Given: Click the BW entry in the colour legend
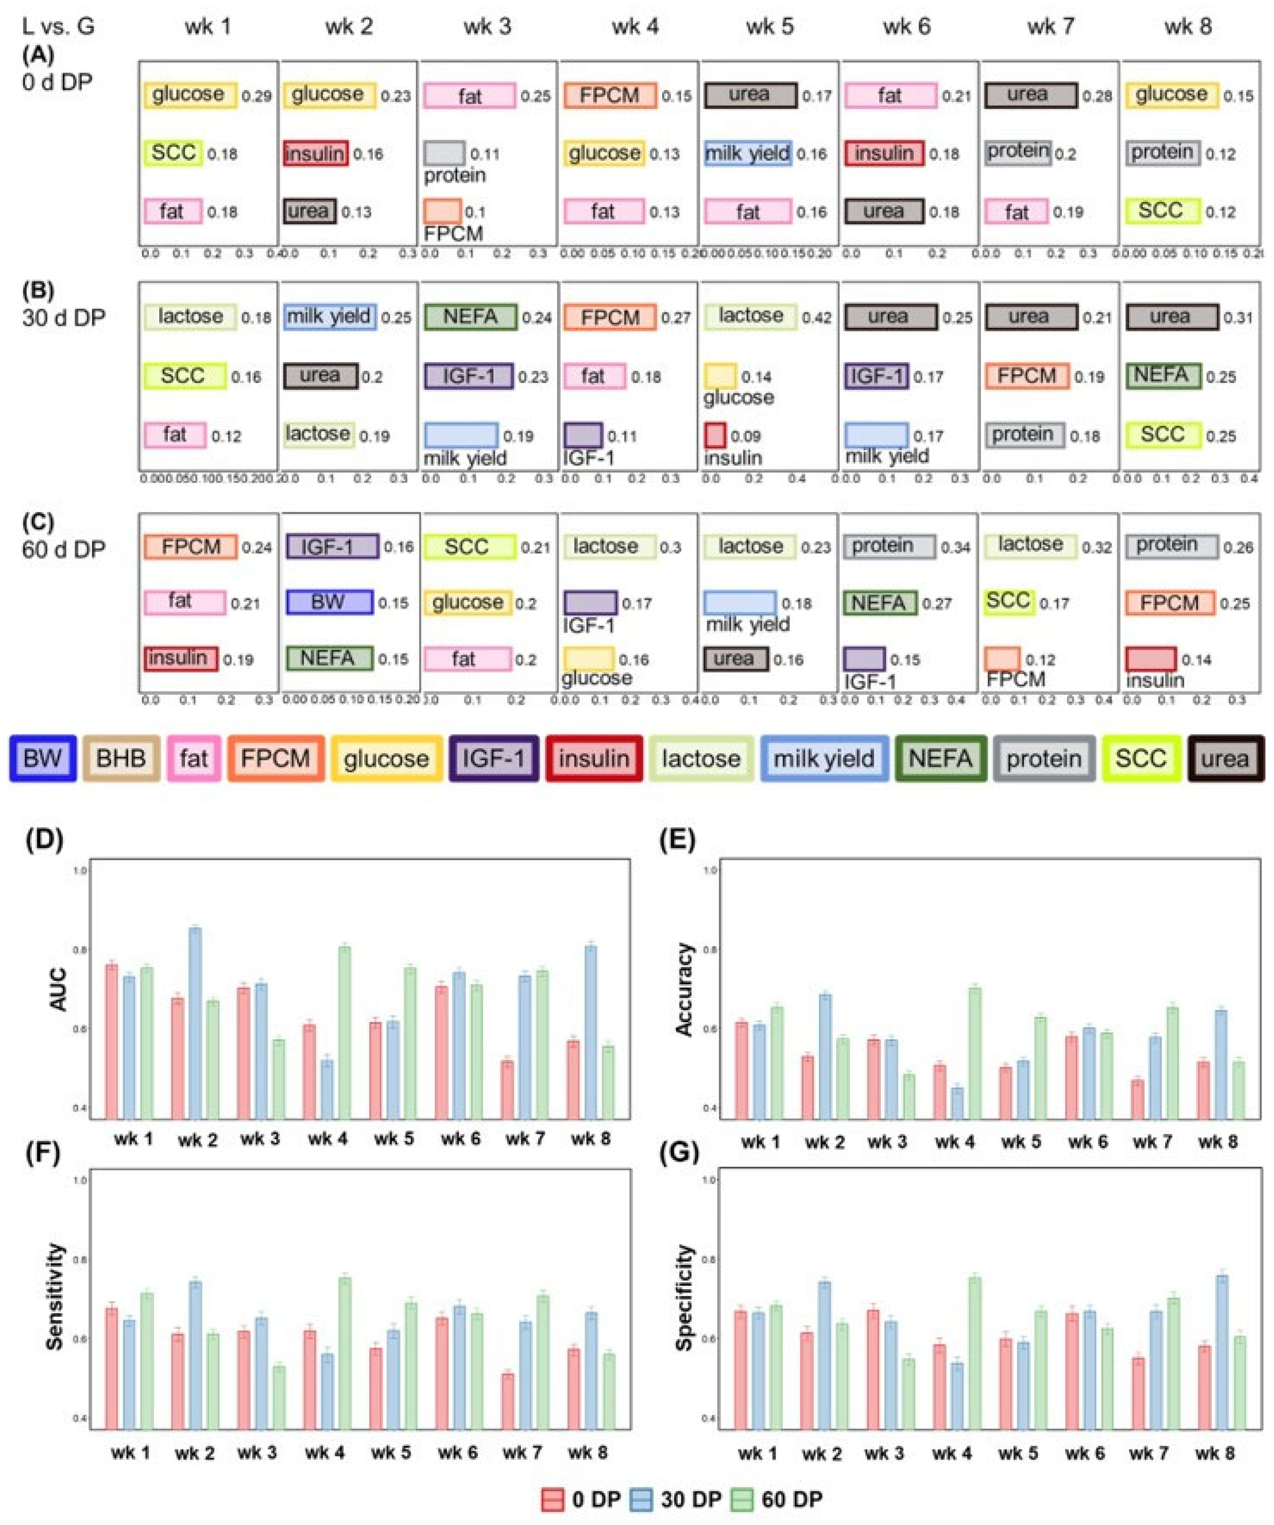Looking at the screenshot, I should click(42, 758).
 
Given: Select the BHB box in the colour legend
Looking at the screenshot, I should click(121, 758).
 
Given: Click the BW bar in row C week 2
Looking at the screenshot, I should click(329, 602).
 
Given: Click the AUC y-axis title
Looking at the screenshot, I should click(58, 989).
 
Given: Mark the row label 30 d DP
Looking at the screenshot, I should click(63, 318).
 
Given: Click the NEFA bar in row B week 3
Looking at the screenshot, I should click(470, 317).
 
